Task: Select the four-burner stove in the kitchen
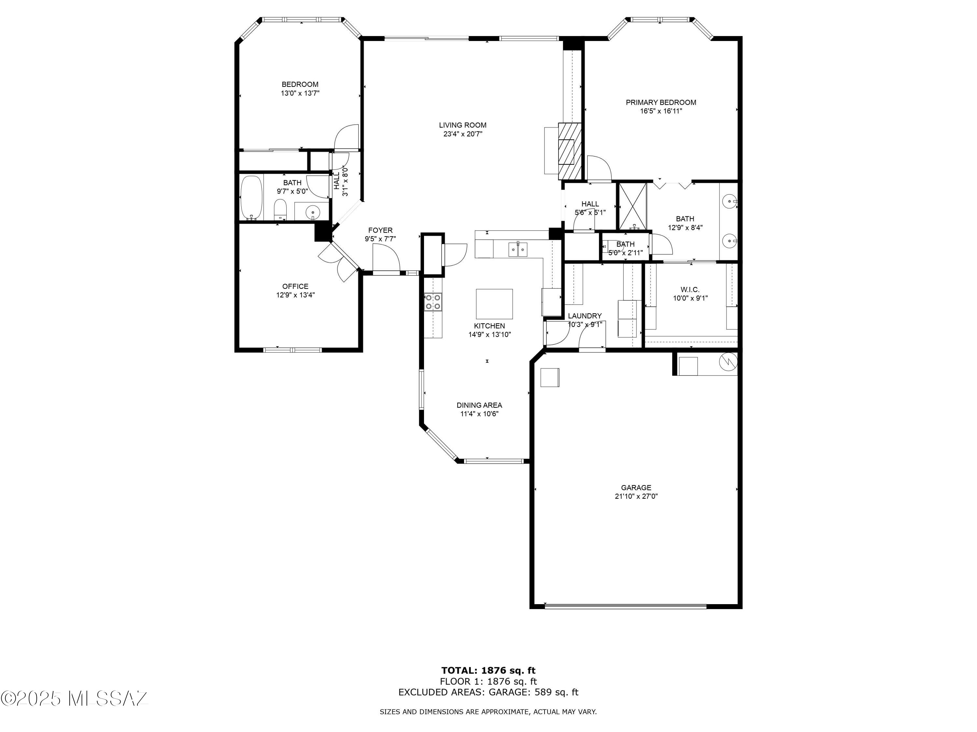(433, 302)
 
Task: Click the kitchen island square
(494, 304)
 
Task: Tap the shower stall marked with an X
(632, 206)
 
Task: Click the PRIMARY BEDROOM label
(661, 102)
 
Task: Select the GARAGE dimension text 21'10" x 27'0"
(636, 496)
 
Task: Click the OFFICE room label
(295, 286)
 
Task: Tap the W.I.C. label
(690, 290)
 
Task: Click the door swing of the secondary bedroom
(346, 137)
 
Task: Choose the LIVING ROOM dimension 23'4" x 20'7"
(462, 134)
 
